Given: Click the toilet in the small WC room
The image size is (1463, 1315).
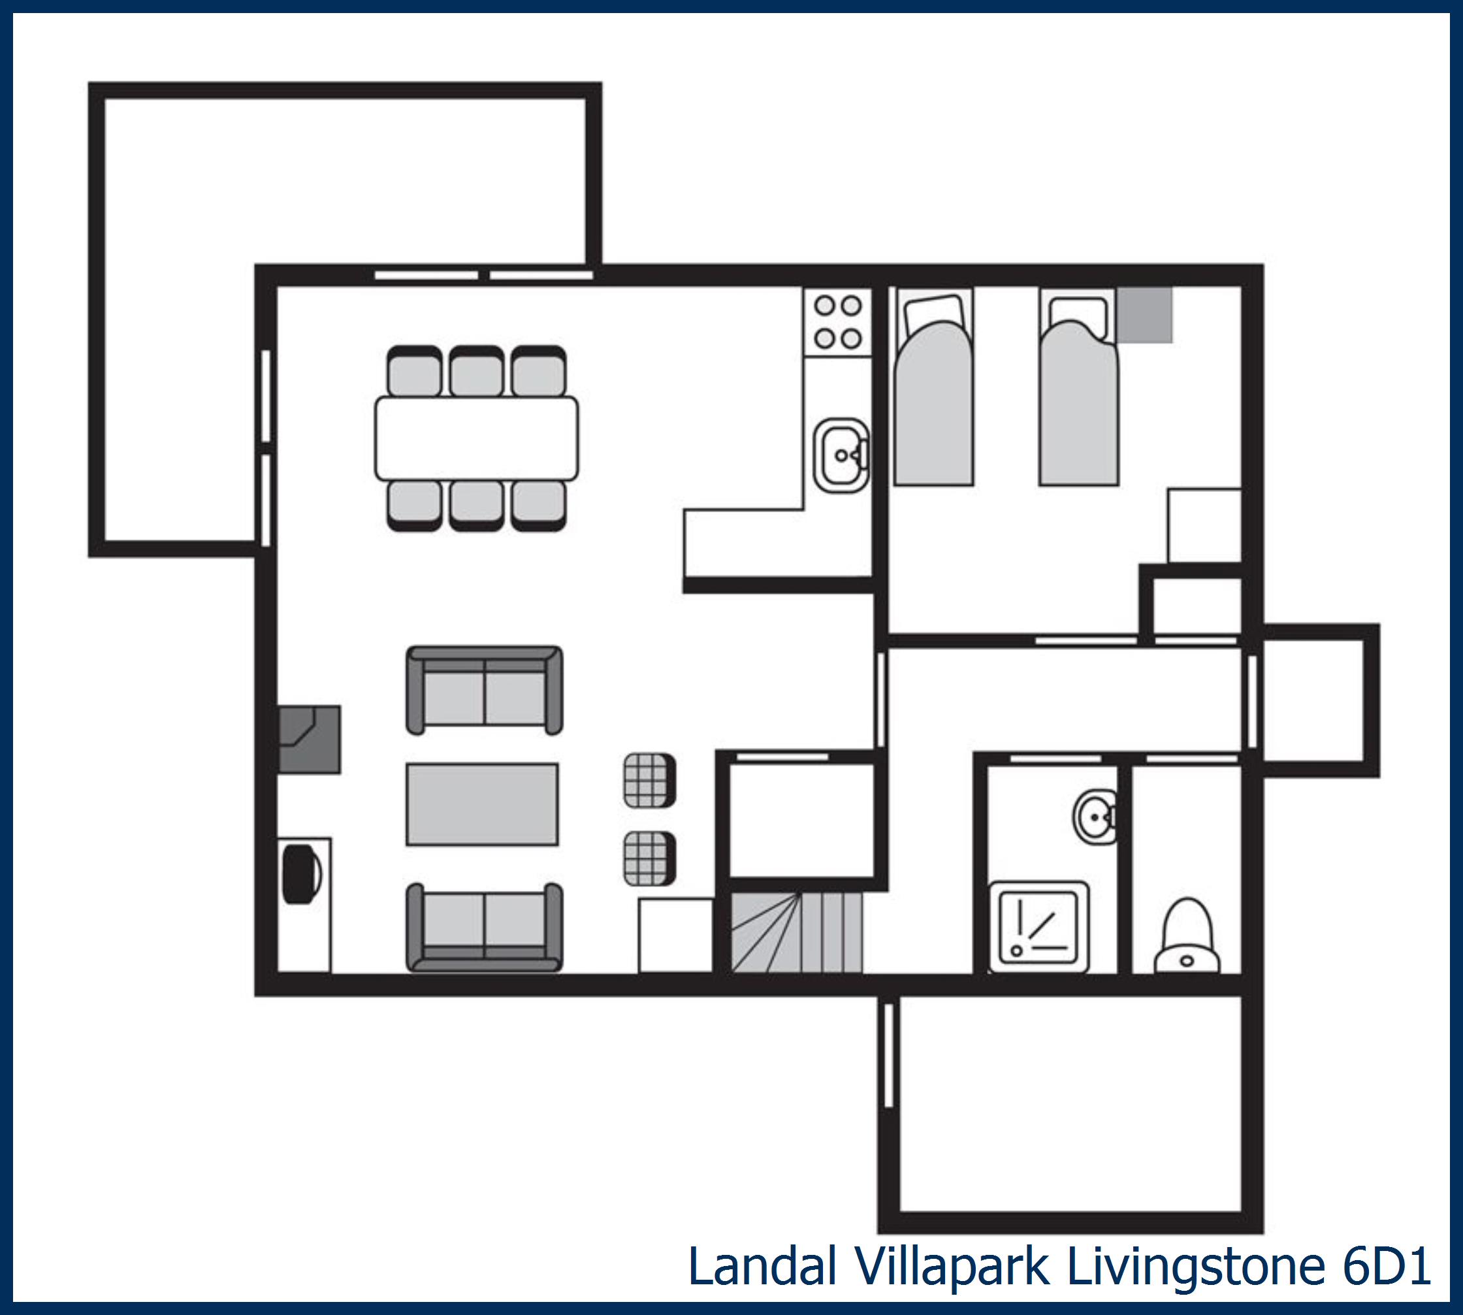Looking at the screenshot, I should (1187, 938).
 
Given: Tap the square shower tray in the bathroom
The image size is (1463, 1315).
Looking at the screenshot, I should (1038, 927).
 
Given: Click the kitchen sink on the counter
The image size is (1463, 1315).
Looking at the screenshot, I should (841, 456).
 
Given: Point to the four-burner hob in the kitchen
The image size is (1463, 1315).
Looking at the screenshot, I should (838, 321).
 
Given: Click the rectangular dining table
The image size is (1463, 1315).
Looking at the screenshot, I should (476, 438).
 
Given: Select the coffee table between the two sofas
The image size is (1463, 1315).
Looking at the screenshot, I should (482, 804).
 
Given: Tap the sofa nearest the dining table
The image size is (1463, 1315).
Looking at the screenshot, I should (484, 690).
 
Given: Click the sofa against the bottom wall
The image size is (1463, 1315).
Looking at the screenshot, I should (484, 927).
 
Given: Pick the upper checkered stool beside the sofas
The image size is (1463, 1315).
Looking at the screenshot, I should (649, 781).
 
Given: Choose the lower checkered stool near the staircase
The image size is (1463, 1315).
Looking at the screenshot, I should (649, 858).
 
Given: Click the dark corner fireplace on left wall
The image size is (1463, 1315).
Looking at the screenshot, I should (308, 739).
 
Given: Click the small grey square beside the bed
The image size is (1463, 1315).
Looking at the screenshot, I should (1144, 315).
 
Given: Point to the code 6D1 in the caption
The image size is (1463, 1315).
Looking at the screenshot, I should (1387, 1267).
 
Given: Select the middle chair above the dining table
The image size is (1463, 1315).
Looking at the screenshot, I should (476, 372).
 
